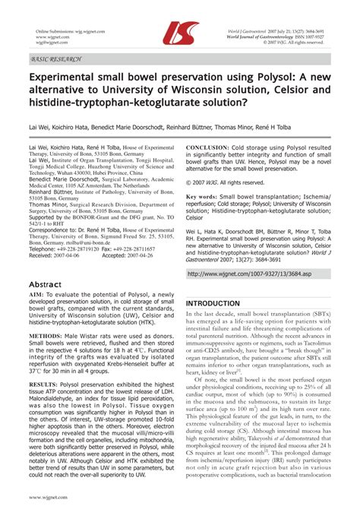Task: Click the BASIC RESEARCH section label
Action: [57, 58]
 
